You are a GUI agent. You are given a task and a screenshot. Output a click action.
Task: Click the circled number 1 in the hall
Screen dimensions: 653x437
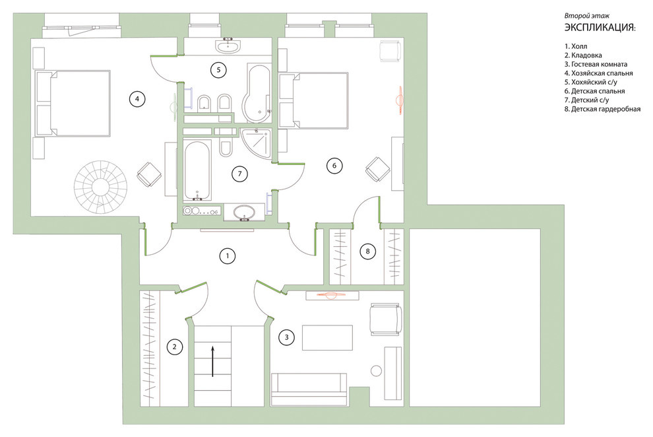(228, 255)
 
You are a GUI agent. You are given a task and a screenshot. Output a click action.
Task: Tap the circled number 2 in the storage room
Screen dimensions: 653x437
(175, 347)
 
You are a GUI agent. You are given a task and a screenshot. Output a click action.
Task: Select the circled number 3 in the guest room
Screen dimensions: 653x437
(286, 337)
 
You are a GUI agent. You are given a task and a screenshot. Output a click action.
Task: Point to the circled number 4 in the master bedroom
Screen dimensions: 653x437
(137, 99)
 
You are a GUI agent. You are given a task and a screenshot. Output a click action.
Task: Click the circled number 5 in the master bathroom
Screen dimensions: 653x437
(218, 69)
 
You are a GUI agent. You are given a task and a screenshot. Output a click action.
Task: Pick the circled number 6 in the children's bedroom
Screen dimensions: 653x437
(334, 166)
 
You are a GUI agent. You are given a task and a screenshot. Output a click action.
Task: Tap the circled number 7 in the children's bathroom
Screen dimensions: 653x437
(239, 174)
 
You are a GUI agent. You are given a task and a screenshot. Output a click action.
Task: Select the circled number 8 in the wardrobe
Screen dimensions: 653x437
(367, 252)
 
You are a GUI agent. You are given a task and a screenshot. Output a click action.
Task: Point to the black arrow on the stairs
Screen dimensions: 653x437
(212, 361)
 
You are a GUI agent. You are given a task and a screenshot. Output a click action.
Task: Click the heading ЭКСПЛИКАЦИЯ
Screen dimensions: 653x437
(600, 28)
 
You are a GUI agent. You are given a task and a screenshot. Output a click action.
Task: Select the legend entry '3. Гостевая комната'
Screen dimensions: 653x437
(596, 64)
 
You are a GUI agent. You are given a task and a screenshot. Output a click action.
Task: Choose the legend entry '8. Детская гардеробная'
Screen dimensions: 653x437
(602, 109)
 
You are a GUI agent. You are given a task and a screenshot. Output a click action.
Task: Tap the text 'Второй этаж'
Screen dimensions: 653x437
(587, 16)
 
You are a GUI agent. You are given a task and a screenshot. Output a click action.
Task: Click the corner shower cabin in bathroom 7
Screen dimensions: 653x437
(257, 144)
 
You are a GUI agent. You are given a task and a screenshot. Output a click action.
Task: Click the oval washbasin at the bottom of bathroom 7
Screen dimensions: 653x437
(245, 212)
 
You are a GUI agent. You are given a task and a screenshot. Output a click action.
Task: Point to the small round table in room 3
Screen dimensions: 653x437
(376, 370)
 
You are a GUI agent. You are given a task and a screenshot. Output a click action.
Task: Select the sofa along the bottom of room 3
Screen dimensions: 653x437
(309, 389)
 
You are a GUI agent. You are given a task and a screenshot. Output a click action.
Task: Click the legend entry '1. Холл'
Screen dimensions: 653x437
(576, 46)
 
